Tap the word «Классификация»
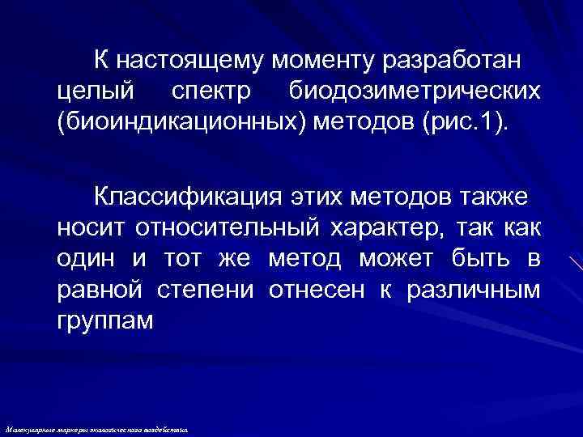pos(180,196)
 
